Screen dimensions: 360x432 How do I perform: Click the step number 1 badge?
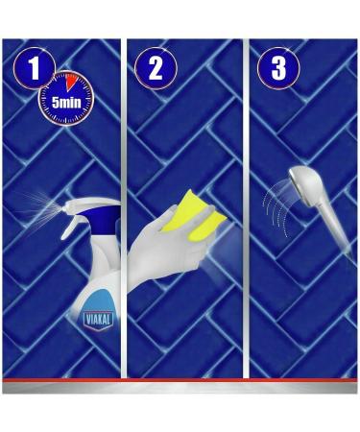[x=34, y=68]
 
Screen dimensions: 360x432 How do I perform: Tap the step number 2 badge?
[x=156, y=68]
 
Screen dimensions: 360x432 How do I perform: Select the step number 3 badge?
[x=278, y=68]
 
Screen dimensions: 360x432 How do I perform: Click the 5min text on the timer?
[x=66, y=103]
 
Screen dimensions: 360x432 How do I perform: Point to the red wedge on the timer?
[x=70, y=82]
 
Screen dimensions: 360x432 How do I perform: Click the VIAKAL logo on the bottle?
[x=98, y=320]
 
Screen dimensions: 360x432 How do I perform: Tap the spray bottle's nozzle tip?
[x=65, y=206]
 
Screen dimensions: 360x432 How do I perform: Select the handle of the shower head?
[x=336, y=229]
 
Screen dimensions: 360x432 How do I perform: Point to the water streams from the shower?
[x=276, y=209]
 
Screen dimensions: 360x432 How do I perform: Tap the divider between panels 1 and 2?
[x=124, y=208]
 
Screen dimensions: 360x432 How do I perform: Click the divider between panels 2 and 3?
[x=246, y=208]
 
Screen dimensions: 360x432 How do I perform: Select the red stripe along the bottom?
[x=180, y=380]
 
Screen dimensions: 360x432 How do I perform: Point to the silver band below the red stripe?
[x=180, y=388]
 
